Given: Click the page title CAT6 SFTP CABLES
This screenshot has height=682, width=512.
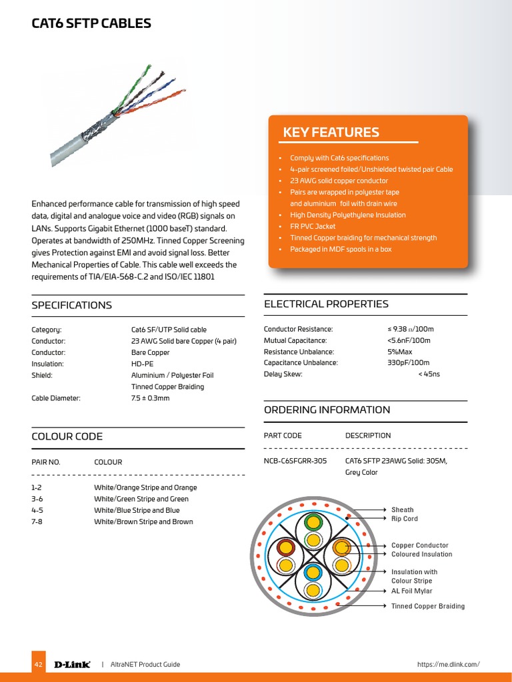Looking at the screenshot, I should click(x=91, y=24).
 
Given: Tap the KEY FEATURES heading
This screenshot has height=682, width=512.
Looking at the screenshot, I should click(x=331, y=132).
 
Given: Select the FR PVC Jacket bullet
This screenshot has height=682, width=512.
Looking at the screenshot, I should click(x=313, y=226).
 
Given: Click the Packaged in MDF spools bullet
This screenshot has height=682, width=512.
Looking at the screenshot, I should click(x=340, y=249).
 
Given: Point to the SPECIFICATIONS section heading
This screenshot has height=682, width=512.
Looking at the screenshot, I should click(x=72, y=305).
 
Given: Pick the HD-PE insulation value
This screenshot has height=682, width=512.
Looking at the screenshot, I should click(x=143, y=364).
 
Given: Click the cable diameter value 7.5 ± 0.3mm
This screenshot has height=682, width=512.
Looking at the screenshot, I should click(x=150, y=398).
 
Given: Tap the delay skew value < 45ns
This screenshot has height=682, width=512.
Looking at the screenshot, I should click(x=429, y=374).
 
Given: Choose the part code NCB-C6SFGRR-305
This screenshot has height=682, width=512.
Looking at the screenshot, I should click(x=295, y=461).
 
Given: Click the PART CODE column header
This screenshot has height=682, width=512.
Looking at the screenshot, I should click(x=283, y=436).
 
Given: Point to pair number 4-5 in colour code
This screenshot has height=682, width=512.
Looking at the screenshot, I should click(x=37, y=510).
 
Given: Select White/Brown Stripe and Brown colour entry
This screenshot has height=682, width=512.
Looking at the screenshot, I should click(x=143, y=521).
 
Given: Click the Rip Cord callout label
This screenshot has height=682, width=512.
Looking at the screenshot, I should click(x=405, y=519).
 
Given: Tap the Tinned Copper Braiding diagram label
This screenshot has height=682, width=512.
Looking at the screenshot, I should click(x=428, y=606).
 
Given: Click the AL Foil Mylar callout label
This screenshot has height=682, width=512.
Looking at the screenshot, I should click(x=411, y=591).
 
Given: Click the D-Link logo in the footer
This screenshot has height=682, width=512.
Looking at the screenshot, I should click(x=72, y=664).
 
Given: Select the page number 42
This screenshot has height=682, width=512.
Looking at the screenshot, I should click(x=38, y=665).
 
